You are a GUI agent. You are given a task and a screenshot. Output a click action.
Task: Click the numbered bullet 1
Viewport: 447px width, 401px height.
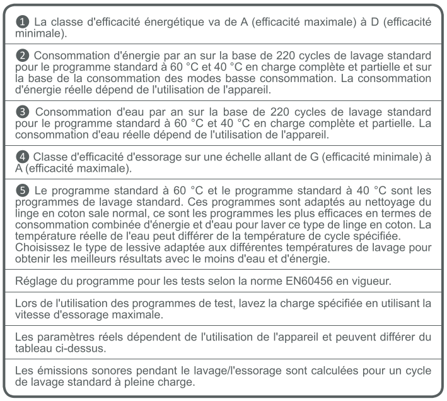[23, 22]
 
